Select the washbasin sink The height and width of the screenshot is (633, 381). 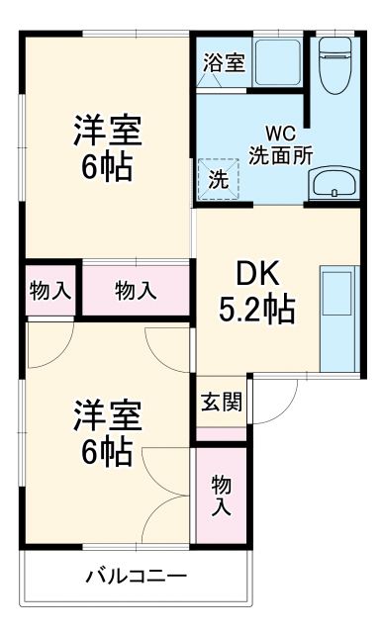pyautogui.click(x=334, y=183)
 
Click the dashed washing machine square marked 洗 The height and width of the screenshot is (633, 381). pyautogui.click(x=217, y=181)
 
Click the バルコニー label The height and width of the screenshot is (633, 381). pyautogui.click(x=136, y=576)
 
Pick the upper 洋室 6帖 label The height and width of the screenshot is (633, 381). pyautogui.click(x=107, y=146)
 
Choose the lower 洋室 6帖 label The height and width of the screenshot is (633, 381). pyautogui.click(x=107, y=432)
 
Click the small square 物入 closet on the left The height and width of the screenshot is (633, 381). pyautogui.click(x=49, y=290)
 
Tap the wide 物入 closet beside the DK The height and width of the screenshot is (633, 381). pyautogui.click(x=136, y=290)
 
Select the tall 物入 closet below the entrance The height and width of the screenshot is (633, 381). pyautogui.click(x=221, y=495)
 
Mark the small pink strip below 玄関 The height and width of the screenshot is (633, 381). pyautogui.click(x=221, y=434)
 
